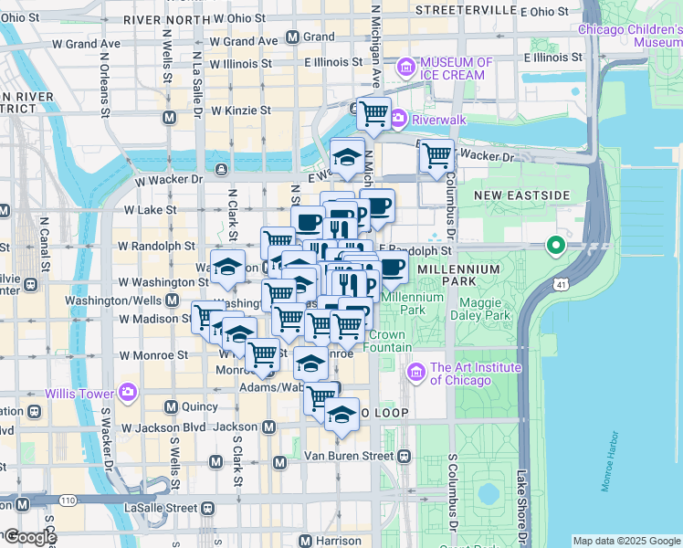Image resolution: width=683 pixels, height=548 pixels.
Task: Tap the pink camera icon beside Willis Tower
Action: click(x=127, y=393)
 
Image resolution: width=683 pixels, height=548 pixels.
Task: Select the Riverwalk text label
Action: click(x=438, y=119)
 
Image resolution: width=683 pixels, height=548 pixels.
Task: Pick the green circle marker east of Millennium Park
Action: click(x=554, y=245)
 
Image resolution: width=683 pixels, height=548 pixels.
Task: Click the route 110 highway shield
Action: click(x=68, y=501)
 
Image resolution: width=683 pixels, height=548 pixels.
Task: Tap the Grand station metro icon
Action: click(x=293, y=37)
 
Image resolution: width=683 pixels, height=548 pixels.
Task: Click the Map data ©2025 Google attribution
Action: click(x=626, y=541)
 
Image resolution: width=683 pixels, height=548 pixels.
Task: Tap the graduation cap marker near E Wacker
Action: click(x=347, y=157)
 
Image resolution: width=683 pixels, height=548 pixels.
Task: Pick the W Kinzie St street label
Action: click(x=240, y=111)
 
